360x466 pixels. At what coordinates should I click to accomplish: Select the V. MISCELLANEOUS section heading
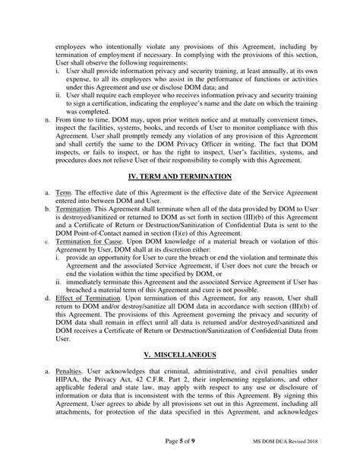coord(180,353)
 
